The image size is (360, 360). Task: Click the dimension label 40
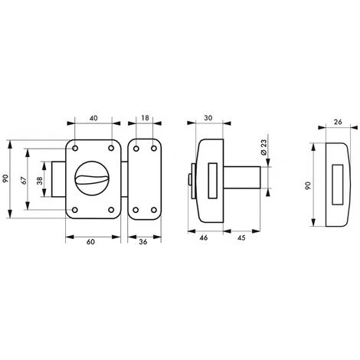pos(93,118)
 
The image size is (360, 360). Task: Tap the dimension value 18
pos(145,118)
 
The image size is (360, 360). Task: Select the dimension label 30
pos(208,118)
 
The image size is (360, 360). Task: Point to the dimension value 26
pos(338,122)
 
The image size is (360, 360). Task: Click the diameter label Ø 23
pos(263,147)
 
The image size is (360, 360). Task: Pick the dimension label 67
pos(24,180)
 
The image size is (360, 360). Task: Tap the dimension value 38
pos(40,181)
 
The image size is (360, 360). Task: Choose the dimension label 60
pos(90,242)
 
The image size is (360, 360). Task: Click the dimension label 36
pos(143,242)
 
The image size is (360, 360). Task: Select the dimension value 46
pos(204,237)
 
